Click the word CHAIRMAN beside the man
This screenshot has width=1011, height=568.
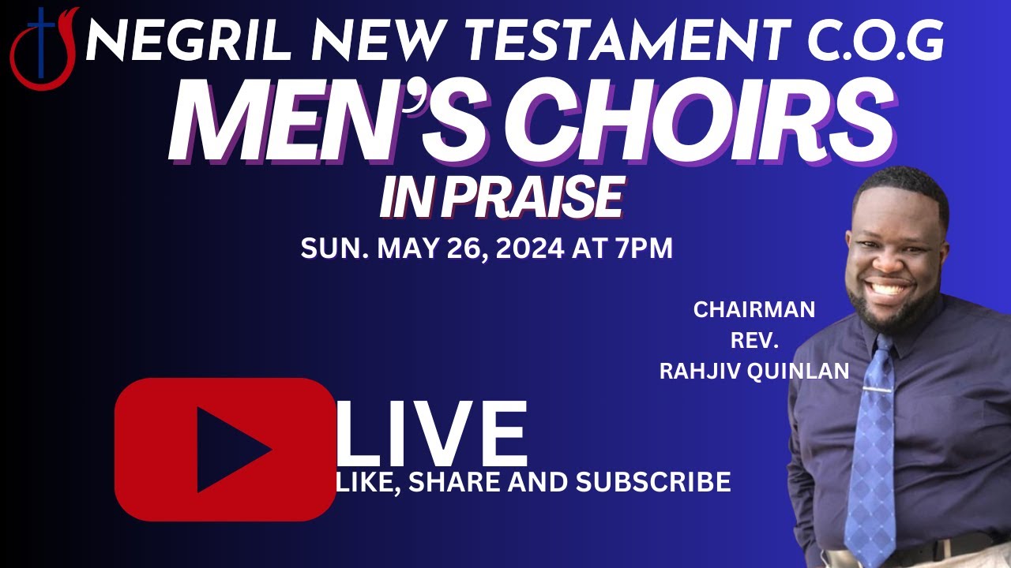(754, 310)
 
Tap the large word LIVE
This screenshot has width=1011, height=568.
(431, 435)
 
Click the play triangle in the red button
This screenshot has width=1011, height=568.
(229, 450)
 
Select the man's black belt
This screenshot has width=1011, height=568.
(948, 548)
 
